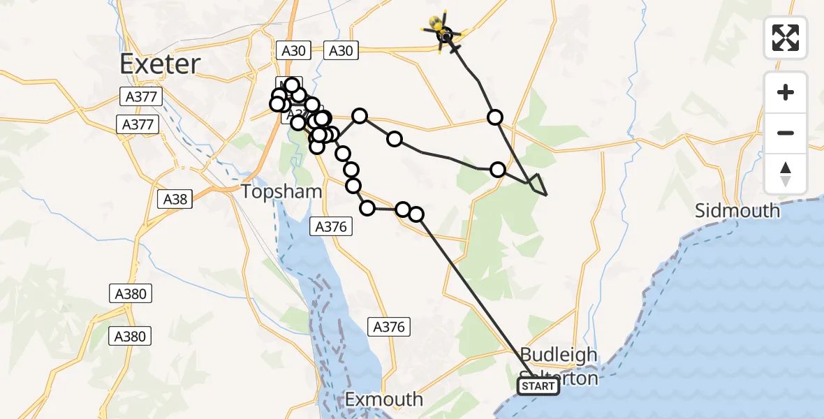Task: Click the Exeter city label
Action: (160, 64)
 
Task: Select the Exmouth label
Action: (384, 399)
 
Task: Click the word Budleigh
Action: (559, 355)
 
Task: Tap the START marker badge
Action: (538, 386)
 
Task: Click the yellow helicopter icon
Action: (443, 31)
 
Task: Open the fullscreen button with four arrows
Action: (786, 38)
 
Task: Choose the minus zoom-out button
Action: (786, 133)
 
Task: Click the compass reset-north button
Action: (786, 174)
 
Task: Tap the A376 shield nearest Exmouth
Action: (388, 326)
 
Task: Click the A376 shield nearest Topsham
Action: (332, 226)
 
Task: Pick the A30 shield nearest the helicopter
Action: (341, 50)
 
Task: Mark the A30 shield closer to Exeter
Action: (293, 50)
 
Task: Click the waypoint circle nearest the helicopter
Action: (495, 117)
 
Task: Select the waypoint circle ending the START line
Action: (416, 214)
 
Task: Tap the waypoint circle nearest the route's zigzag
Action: (498, 169)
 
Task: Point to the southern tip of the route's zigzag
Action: (546, 195)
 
